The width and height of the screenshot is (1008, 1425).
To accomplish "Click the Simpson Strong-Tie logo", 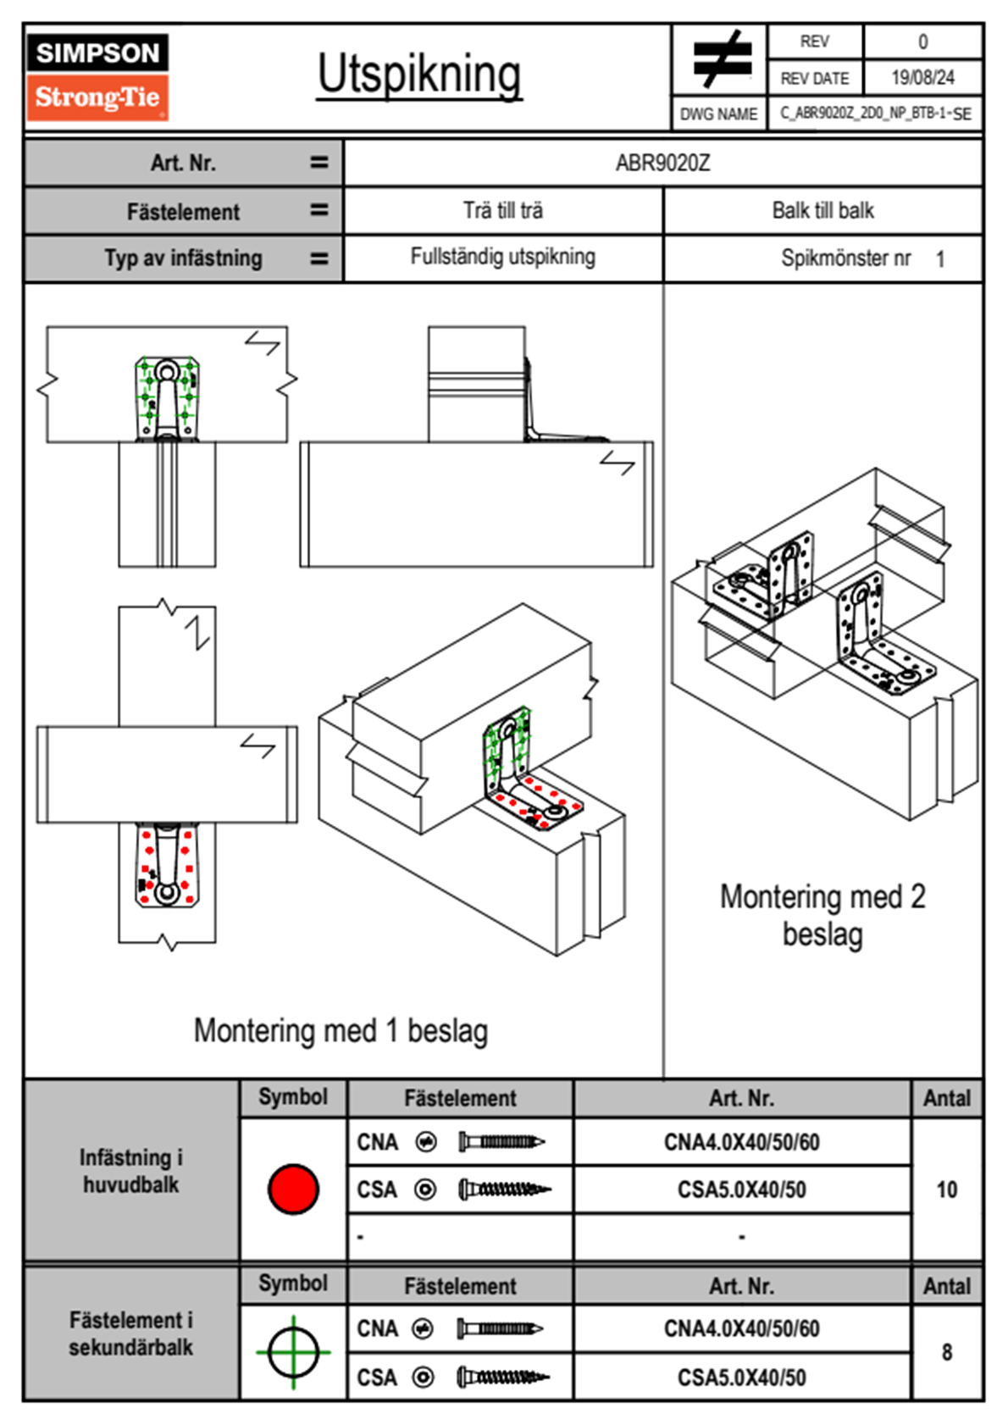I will click(x=97, y=76).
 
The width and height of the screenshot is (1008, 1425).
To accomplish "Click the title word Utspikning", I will click(x=419, y=74).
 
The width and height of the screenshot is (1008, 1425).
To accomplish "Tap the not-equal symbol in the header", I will click(x=721, y=59).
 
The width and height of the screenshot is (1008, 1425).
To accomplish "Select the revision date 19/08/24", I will click(x=922, y=78).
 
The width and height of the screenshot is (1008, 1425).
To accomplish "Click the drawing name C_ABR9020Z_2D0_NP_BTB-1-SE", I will click(x=875, y=114).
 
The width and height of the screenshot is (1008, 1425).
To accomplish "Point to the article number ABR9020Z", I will click(x=662, y=163).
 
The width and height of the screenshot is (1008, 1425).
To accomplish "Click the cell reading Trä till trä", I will click(x=503, y=210).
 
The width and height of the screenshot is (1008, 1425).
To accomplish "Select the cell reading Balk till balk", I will click(x=822, y=210).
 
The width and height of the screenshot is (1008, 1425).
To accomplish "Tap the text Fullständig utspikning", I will click(x=503, y=257).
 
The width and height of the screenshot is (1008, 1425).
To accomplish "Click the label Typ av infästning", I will click(x=183, y=258).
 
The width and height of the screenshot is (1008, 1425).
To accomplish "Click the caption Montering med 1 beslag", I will click(x=341, y=1031).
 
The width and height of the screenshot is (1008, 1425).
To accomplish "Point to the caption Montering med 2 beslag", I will click(x=822, y=915).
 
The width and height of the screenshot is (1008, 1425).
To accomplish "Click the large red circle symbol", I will click(x=293, y=1189).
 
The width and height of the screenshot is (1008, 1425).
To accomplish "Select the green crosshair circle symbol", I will click(x=293, y=1351).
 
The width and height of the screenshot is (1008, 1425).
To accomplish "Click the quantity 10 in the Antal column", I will click(x=946, y=1189).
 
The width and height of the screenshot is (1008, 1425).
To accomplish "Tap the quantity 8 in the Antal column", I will click(x=946, y=1352).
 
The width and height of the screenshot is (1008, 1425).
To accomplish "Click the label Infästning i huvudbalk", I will click(x=131, y=1171).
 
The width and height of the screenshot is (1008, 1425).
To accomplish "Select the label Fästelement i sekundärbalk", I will click(x=131, y=1334).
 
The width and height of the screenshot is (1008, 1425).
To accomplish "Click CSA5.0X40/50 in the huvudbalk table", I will click(x=741, y=1190).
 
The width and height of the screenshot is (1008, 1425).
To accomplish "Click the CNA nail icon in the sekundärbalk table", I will click(x=500, y=1328).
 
